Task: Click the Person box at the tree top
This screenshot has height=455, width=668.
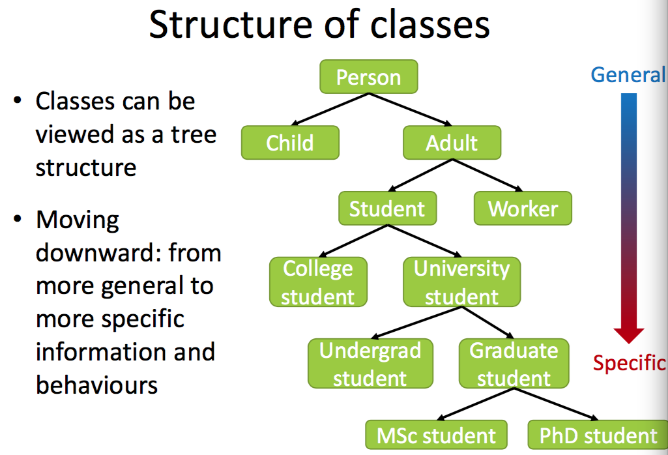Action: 368,77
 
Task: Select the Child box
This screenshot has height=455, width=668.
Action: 290,143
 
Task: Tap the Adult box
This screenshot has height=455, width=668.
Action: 452,143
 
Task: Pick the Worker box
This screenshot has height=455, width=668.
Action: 523,209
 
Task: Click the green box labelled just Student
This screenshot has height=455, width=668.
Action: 387,209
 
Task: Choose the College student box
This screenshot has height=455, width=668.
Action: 318,282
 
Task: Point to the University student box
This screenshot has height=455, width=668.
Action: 461,282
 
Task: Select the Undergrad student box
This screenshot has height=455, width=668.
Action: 370,364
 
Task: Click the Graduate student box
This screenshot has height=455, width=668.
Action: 514,364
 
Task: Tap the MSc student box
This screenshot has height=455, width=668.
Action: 437,435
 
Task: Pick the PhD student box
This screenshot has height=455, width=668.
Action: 598,435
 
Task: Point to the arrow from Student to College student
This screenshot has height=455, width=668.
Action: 352,242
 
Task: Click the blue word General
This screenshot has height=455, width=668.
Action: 628,75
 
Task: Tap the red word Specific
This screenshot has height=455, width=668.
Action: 629,363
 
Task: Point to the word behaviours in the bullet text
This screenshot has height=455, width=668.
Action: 97,385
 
